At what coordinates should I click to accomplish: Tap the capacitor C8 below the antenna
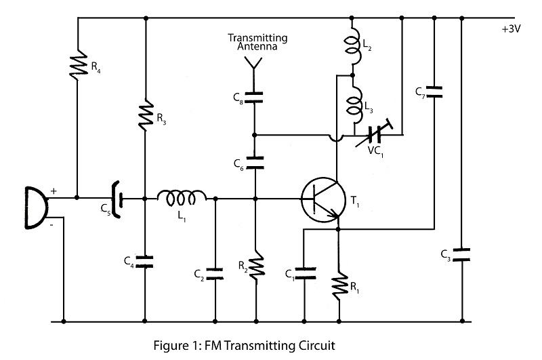(x=255, y=98)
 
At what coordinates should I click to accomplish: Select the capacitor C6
(x=255, y=161)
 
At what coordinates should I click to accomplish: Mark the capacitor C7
(x=434, y=90)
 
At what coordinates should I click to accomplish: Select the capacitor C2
(x=215, y=273)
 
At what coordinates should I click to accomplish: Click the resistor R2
(x=255, y=266)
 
